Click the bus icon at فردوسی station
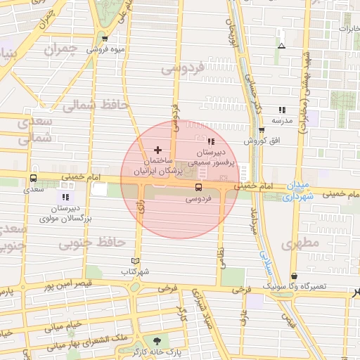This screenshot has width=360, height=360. tap(198, 188)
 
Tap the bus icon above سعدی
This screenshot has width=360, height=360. tap(34, 179)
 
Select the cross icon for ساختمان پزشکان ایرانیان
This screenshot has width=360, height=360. tap(157, 150)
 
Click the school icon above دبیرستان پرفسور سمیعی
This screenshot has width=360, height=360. tap(212, 143)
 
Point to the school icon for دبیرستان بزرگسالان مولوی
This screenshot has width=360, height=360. tap(65, 198)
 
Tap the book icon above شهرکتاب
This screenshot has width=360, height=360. tap(136, 261)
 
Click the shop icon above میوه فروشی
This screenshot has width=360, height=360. tap(105, 39)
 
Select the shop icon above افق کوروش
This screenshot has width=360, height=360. tap(262, 130)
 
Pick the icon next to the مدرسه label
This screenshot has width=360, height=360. tap(282, 110)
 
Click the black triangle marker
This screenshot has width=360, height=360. tap(281, 46)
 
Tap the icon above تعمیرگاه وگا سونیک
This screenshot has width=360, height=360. tap(293, 276)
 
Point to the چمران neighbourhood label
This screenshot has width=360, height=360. tap(59, 50)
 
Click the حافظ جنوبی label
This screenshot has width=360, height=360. tap(92, 243)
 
